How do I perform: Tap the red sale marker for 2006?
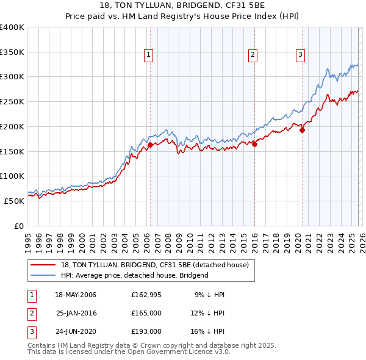pos(150,145)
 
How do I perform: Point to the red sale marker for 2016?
pos(254,144)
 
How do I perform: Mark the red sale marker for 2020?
pos(302,129)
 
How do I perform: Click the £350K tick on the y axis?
pos(12,52)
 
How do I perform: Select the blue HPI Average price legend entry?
pos(134,275)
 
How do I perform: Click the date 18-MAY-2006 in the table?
pos(76,295)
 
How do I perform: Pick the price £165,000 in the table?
pos(146,313)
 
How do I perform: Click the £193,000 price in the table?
pos(146,331)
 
